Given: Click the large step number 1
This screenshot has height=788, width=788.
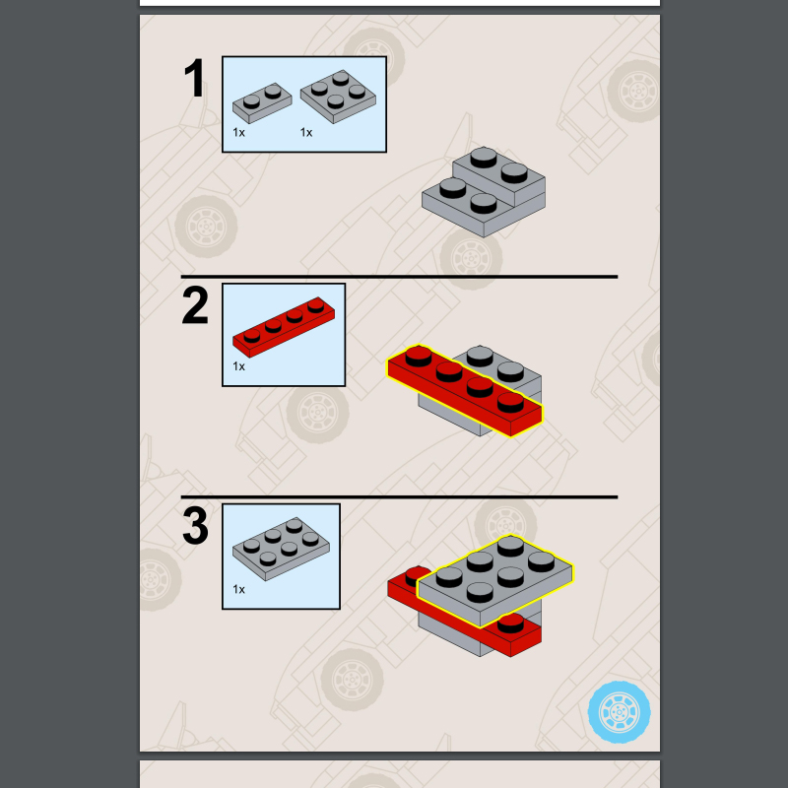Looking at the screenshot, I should (195, 80).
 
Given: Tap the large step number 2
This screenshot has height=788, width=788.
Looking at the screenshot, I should (195, 306).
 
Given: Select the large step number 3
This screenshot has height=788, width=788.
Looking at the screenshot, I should (195, 527).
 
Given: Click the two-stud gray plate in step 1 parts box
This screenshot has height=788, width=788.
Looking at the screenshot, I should (262, 101).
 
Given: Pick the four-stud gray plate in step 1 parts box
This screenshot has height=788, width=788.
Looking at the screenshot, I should (338, 97).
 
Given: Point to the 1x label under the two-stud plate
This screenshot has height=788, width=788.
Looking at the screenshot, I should (238, 132).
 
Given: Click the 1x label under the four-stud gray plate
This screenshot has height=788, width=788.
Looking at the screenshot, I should (305, 132).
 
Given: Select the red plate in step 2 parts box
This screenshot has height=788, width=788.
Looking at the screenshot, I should (283, 326).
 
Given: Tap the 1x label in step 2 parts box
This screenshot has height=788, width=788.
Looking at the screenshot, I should (238, 366).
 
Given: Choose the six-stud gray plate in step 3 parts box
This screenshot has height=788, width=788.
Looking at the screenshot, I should (282, 549).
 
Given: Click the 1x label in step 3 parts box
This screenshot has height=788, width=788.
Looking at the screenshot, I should (238, 589).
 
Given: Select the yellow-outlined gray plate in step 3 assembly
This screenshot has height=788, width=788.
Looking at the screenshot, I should (494, 581).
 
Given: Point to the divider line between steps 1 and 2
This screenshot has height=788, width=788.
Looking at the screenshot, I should (399, 277).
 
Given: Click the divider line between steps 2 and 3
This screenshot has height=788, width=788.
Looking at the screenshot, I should (399, 497).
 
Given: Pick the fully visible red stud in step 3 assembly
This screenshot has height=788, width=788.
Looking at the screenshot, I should (510, 623).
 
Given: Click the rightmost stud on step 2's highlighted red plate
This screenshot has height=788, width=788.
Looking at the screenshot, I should (510, 402).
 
